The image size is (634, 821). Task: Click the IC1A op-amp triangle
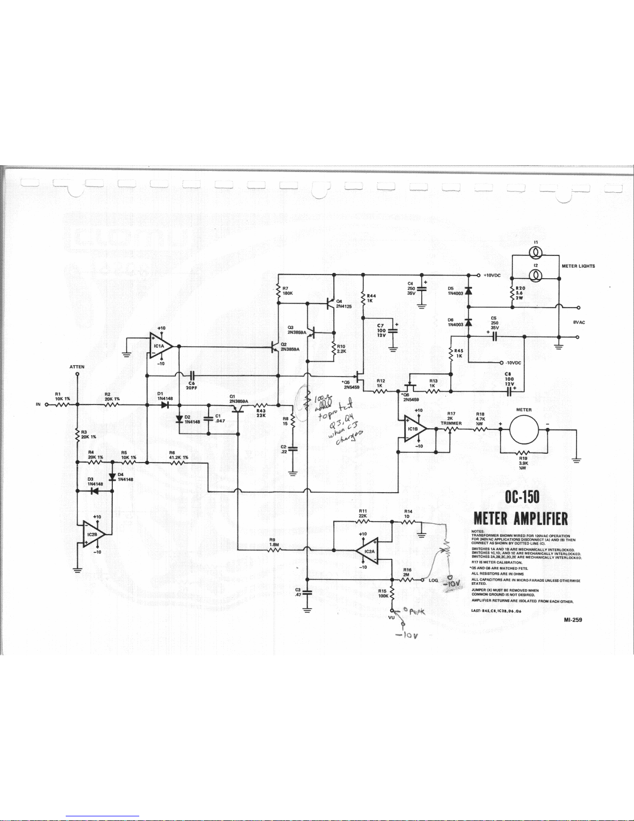pyautogui.click(x=159, y=346)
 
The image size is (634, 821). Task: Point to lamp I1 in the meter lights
pyautogui.click(x=536, y=252)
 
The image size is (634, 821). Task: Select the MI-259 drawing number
pyautogui.click(x=572, y=620)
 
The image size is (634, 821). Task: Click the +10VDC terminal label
pyautogui.click(x=492, y=275)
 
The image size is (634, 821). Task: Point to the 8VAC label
pyautogui.click(x=579, y=322)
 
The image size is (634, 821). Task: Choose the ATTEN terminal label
pyautogui.click(x=77, y=367)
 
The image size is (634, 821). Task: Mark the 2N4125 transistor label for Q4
pyautogui.click(x=344, y=306)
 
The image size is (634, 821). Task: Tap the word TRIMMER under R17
pyautogui.click(x=451, y=423)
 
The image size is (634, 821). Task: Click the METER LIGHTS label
pyautogui.click(x=578, y=266)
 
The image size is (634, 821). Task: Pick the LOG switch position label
pyautogui.click(x=434, y=580)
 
